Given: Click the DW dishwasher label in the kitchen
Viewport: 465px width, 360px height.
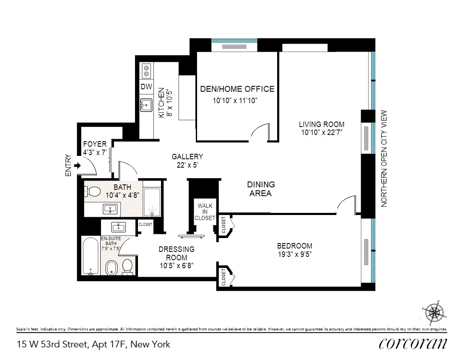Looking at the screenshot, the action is click(x=146, y=86).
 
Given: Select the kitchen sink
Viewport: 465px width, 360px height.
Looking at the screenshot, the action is click(x=146, y=105).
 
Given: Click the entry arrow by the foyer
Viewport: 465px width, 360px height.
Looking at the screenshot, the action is click(x=78, y=166).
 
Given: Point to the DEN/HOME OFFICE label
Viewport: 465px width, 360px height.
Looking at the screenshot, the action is click(x=237, y=89).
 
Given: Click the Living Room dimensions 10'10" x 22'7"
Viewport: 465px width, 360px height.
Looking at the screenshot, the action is click(x=322, y=132).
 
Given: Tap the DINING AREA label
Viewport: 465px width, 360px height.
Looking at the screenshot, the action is click(x=261, y=189).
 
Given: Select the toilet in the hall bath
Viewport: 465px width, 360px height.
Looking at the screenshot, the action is click(x=92, y=192).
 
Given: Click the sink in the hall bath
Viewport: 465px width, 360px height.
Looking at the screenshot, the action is click(x=110, y=209).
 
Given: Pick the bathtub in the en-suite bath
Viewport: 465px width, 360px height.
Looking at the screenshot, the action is click(x=91, y=256).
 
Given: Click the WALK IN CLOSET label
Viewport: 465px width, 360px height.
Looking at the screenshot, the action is click(x=205, y=212).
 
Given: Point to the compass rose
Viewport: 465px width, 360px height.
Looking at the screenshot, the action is click(x=434, y=313).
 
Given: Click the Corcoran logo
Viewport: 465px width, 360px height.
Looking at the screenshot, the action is click(x=413, y=343).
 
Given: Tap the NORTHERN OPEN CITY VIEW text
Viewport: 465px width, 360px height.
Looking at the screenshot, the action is click(x=384, y=158).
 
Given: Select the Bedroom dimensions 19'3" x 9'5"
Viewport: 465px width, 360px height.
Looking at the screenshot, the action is click(x=295, y=254).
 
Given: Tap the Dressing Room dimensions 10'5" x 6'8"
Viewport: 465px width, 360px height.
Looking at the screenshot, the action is click(x=177, y=265).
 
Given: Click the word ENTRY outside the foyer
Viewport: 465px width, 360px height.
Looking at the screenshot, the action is click(x=68, y=166).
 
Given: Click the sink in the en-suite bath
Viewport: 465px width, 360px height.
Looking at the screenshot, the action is click(x=118, y=227).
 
